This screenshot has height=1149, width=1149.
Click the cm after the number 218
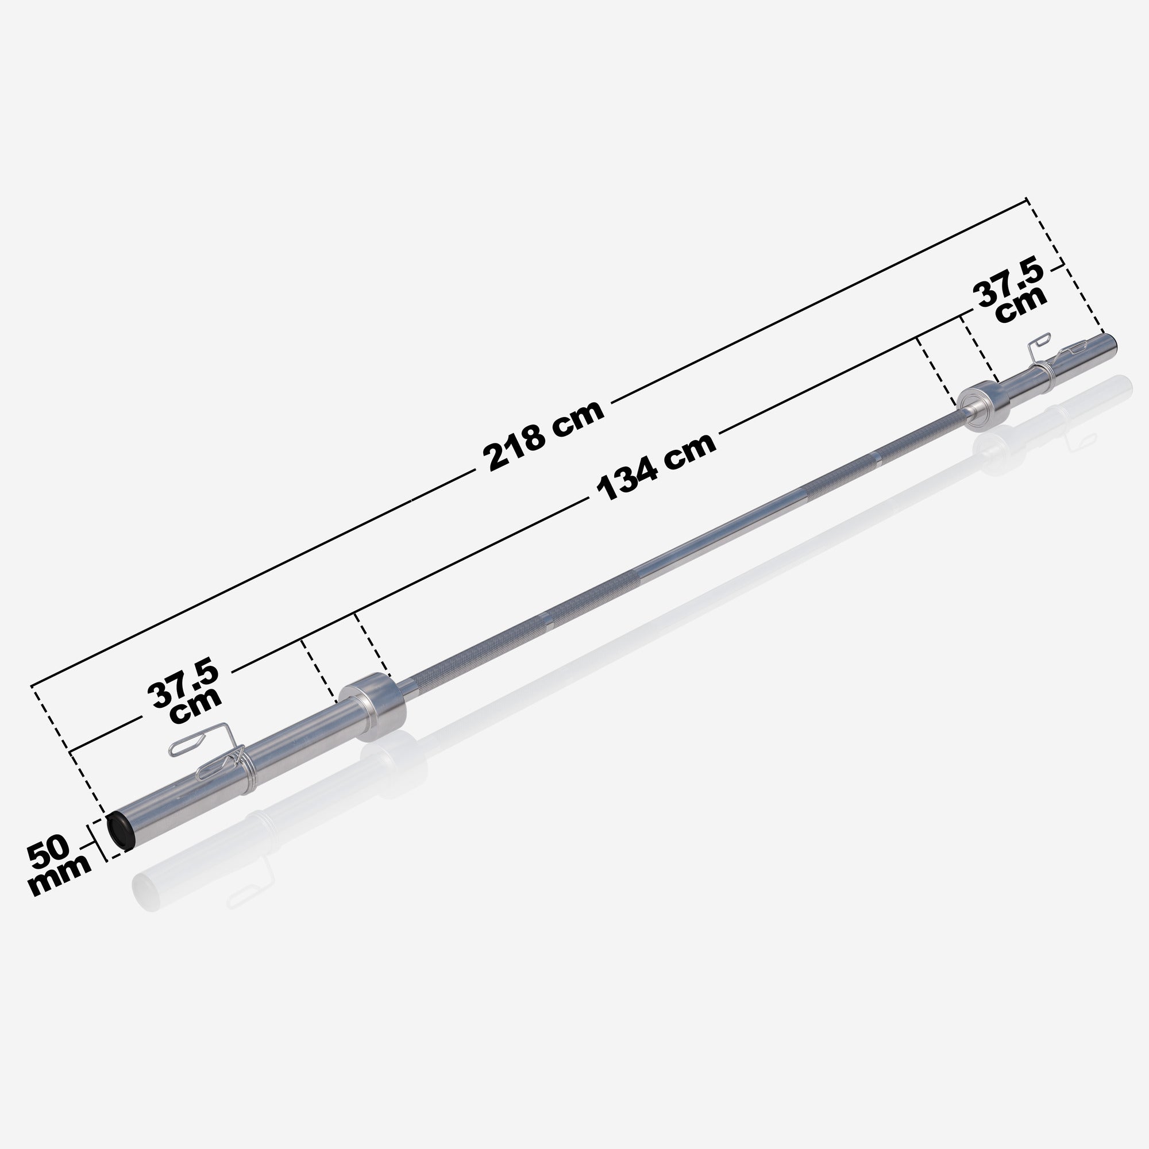(577, 419)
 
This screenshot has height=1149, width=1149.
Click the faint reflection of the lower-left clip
(250, 890)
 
